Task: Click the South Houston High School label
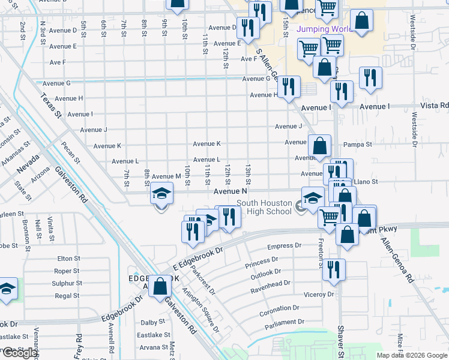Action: point(264,207)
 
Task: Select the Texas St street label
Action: point(51,104)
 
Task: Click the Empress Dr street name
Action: point(284,246)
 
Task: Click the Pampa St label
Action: point(358,145)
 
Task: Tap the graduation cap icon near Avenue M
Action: point(161,194)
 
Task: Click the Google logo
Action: point(20,353)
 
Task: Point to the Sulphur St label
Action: point(67,283)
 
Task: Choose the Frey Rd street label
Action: point(79,346)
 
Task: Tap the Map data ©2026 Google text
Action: point(412,355)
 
